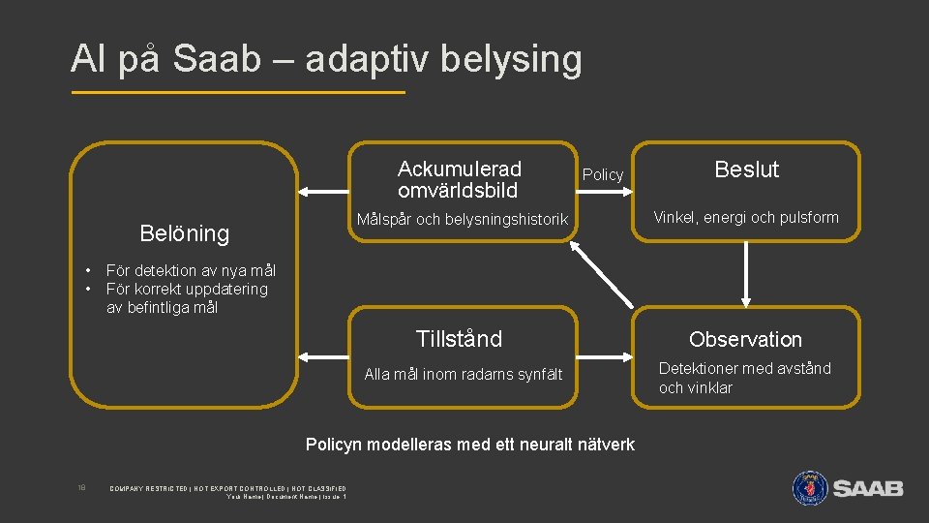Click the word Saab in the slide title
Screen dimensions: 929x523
click(218, 59)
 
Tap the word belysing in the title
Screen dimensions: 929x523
click(511, 59)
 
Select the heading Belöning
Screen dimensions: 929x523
click(185, 233)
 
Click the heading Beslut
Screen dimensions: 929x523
click(746, 169)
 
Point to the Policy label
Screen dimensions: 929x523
click(603, 174)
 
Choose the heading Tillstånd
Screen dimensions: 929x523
click(459, 339)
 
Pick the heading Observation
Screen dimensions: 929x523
click(745, 339)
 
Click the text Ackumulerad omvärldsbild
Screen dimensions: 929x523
click(459, 179)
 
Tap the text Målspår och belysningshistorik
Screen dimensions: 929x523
click(463, 220)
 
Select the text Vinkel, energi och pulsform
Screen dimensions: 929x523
click(745, 217)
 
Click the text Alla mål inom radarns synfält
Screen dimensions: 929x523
click(463, 374)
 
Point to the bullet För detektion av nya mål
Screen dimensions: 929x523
click(191, 271)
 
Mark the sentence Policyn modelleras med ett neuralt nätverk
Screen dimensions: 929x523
click(470, 445)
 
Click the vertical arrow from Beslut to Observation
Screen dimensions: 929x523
click(746, 273)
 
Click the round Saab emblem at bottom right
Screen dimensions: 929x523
click(810, 487)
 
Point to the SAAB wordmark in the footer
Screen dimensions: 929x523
click(868, 488)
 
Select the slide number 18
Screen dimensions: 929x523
click(82, 487)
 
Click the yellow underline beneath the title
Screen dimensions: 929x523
click(238, 93)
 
